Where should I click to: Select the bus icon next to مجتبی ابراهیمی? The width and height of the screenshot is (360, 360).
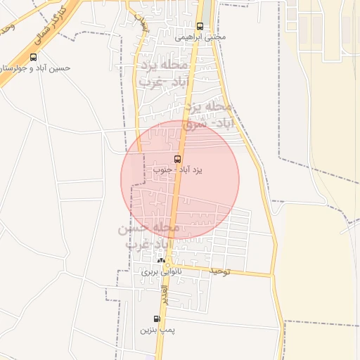200,26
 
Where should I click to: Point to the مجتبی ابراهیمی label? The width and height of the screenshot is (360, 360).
200,37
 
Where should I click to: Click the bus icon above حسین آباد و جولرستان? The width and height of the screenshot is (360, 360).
34,57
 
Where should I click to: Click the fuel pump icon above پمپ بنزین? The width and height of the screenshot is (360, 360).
157,319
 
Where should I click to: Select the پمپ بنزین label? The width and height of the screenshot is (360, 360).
156,329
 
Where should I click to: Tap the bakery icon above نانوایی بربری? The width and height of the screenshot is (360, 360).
161,260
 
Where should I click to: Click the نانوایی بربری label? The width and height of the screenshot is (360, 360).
161,271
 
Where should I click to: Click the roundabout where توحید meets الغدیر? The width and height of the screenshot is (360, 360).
169,266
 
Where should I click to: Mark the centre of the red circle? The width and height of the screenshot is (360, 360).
180,180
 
